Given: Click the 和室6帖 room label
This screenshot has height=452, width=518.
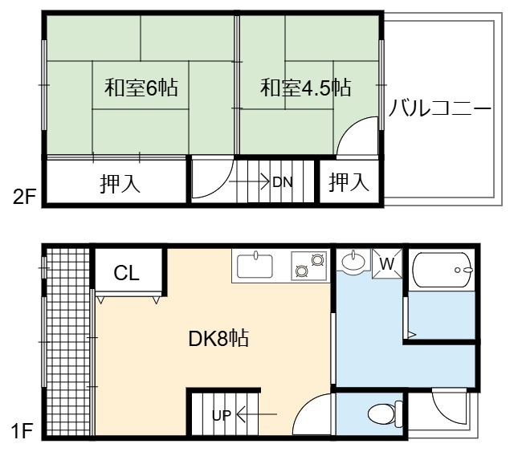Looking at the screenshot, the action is click(141, 88).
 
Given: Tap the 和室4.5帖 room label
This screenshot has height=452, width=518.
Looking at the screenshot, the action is click(306, 88).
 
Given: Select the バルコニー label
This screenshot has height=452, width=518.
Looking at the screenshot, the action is click(440, 108).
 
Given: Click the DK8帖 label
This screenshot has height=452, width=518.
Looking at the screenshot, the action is click(218, 338).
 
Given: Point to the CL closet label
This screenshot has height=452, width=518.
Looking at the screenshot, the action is click(127, 273).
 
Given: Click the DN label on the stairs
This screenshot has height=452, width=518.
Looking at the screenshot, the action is click(283, 182).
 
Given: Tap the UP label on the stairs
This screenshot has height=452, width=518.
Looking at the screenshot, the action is click(222, 415).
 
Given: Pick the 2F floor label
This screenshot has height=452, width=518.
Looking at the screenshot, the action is click(24, 197).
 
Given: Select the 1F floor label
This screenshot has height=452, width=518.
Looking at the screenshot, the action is click(22, 431).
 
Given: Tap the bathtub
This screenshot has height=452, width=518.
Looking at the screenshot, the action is click(443, 270).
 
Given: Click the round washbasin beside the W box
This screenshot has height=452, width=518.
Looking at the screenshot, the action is click(353, 262).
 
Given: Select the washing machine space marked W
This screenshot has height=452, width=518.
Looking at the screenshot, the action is click(388, 263).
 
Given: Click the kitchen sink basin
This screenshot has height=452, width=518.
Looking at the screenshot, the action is click(255, 266).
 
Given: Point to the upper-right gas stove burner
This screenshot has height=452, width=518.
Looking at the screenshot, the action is click(317, 260).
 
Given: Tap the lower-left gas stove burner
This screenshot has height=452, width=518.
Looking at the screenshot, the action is click(302, 271).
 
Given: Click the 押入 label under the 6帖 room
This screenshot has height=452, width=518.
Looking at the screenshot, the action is click(120, 183).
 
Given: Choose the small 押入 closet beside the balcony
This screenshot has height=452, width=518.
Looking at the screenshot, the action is click(349, 181).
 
